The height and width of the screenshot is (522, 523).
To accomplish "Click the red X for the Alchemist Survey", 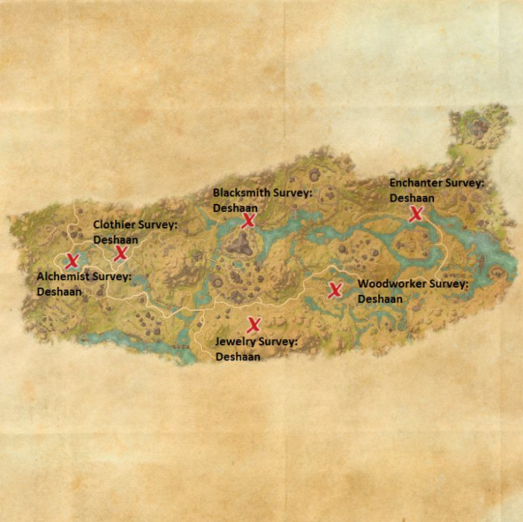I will click(72, 261).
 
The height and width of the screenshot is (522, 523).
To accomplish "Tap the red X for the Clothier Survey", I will click(121, 253).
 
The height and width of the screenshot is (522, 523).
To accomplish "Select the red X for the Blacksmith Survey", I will click(249, 220).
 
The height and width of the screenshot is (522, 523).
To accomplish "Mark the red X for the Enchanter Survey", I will click(416, 214).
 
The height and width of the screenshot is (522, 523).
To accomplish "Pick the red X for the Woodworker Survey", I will click(335, 290).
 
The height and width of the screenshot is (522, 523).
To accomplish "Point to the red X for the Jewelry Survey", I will click(254, 324).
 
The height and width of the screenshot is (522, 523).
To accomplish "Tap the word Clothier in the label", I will click(114, 225).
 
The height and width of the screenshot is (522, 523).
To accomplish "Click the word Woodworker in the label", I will click(390, 285).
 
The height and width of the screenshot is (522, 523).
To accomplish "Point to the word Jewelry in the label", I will click(233, 342).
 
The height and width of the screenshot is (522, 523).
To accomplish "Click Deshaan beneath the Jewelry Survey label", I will click(238, 357).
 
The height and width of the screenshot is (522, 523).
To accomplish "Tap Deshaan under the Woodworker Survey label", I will click(380, 299).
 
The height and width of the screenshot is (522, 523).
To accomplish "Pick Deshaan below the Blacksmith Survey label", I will click(235, 208).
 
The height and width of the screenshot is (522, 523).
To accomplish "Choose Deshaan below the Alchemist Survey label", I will click(59, 292).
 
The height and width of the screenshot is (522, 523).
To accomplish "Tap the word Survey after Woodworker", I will click(446, 285).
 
